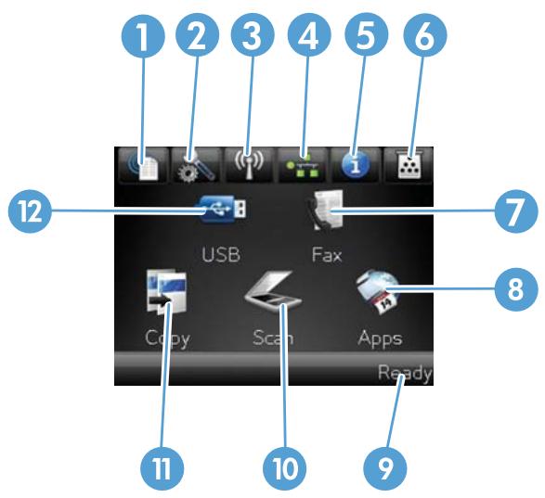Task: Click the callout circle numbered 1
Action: click(x=143, y=34)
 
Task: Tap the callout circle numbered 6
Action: click(x=424, y=34)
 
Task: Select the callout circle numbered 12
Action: click(x=30, y=211)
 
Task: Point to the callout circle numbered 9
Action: click(x=384, y=468)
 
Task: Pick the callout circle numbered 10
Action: click(x=285, y=468)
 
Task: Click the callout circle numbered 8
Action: click(x=516, y=289)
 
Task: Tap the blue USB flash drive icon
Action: click(x=223, y=209)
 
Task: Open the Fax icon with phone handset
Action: click(x=325, y=210)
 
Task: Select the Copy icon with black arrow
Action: click(x=167, y=292)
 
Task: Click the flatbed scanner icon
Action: click(x=273, y=291)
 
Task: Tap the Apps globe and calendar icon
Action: click(x=378, y=291)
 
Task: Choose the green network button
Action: click(x=303, y=166)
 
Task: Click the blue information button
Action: click(x=355, y=166)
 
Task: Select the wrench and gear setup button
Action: click(x=197, y=166)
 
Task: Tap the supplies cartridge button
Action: click(x=409, y=166)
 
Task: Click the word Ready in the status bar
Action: click(x=405, y=374)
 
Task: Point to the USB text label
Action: click(x=221, y=254)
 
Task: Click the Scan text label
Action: click(x=273, y=338)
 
